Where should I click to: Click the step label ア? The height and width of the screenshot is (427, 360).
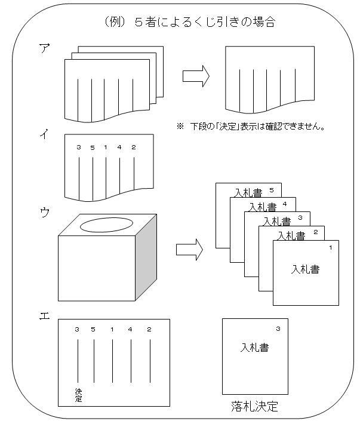point(44,49)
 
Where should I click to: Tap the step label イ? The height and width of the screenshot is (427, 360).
point(44,137)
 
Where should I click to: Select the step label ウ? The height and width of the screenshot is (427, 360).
point(44,213)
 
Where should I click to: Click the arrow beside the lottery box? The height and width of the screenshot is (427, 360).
point(189,248)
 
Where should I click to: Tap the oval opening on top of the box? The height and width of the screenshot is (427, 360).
point(106,226)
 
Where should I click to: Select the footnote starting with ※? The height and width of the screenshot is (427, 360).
point(250,127)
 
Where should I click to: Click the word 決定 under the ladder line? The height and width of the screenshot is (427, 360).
point(78,395)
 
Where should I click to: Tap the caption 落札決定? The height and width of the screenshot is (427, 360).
point(254,407)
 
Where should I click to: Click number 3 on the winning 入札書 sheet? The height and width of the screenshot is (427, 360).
point(278,328)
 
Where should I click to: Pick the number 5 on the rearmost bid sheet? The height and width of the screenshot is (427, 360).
point(271,191)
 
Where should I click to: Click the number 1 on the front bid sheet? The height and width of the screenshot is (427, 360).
point(329,247)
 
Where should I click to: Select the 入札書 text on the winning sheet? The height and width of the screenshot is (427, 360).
point(254,348)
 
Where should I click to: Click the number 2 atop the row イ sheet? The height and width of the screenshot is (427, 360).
point(133,147)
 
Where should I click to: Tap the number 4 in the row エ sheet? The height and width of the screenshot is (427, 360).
point(130,329)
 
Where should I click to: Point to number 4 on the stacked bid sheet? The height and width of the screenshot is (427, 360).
point(284,204)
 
